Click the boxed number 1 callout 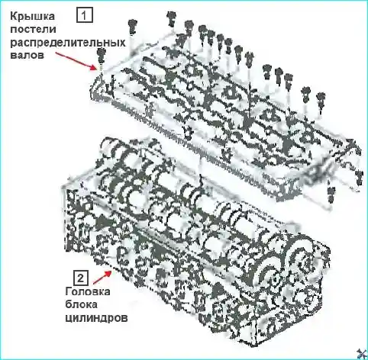(85, 15)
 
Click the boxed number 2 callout (80, 278)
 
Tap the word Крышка (32, 17)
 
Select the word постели (33, 29)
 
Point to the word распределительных (68, 43)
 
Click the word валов (27, 55)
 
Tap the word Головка (88, 291)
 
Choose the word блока (81, 304)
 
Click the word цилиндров (96, 318)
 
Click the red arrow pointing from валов (76, 60)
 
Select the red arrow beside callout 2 (102, 278)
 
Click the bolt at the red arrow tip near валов (102, 56)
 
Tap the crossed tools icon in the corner (361, 354)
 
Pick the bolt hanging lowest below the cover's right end (331, 194)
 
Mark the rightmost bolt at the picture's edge (359, 178)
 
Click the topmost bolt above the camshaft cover (171, 18)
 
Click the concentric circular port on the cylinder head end (273, 276)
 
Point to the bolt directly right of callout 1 (132, 27)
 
